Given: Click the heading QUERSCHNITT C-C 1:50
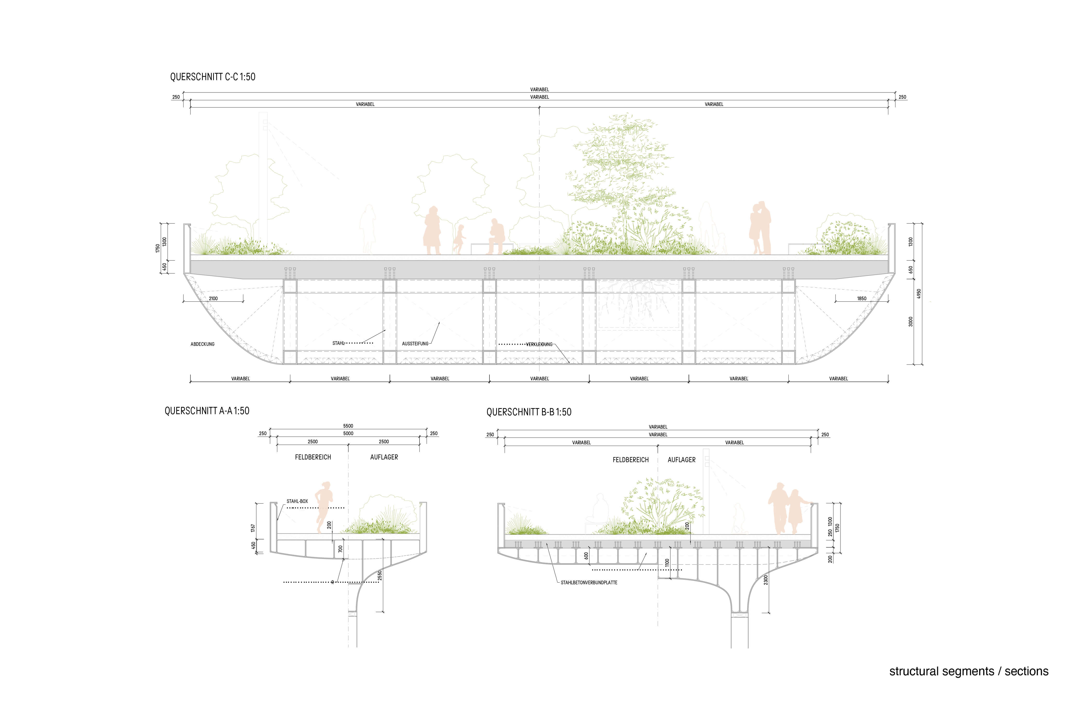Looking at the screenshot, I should (213, 77).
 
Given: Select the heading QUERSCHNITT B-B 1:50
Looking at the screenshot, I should (529, 412).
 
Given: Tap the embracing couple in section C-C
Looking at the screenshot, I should (759, 228).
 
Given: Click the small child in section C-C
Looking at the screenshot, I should (459, 239).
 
